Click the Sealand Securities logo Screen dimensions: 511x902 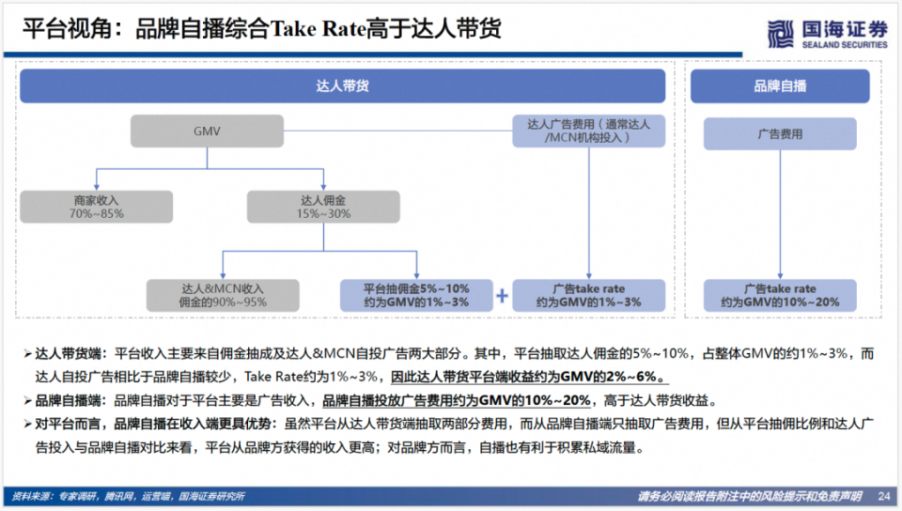(827, 34)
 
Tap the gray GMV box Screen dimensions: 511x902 (206, 132)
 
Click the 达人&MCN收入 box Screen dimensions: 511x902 (223, 295)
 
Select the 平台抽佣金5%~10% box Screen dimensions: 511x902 (416, 295)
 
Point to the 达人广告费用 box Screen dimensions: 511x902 (589, 131)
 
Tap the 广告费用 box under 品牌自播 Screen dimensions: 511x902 (780, 134)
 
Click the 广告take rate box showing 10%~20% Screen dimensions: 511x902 (780, 295)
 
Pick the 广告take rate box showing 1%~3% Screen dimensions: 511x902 (589, 295)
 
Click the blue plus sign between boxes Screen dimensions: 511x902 (502, 296)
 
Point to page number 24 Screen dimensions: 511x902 (883, 496)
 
